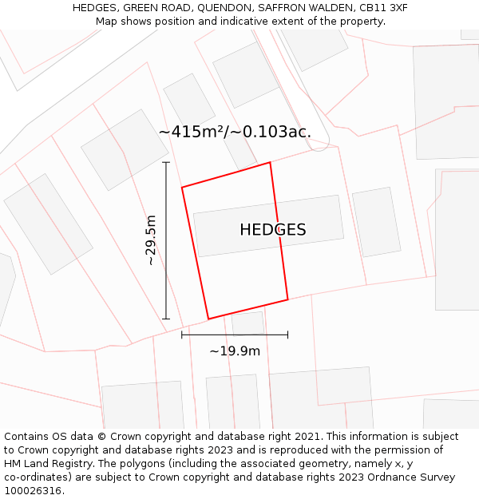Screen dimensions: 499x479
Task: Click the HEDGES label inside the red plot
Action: (272, 230)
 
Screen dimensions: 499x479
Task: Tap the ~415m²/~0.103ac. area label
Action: (235, 132)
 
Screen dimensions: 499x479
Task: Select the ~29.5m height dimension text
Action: (151, 240)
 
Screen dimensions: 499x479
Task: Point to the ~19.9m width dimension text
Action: (235, 350)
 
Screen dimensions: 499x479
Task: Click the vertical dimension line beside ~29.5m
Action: (166, 240)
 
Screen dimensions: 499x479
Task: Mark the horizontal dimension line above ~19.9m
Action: (235, 335)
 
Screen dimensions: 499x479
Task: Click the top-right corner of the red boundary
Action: (270, 163)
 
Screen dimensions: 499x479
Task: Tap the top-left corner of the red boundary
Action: (182, 188)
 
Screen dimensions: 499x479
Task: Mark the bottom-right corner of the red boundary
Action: (287, 300)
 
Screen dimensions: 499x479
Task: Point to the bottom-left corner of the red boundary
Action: (208, 319)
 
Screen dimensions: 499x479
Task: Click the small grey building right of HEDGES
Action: (376, 222)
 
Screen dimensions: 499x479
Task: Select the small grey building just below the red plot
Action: (247, 323)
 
